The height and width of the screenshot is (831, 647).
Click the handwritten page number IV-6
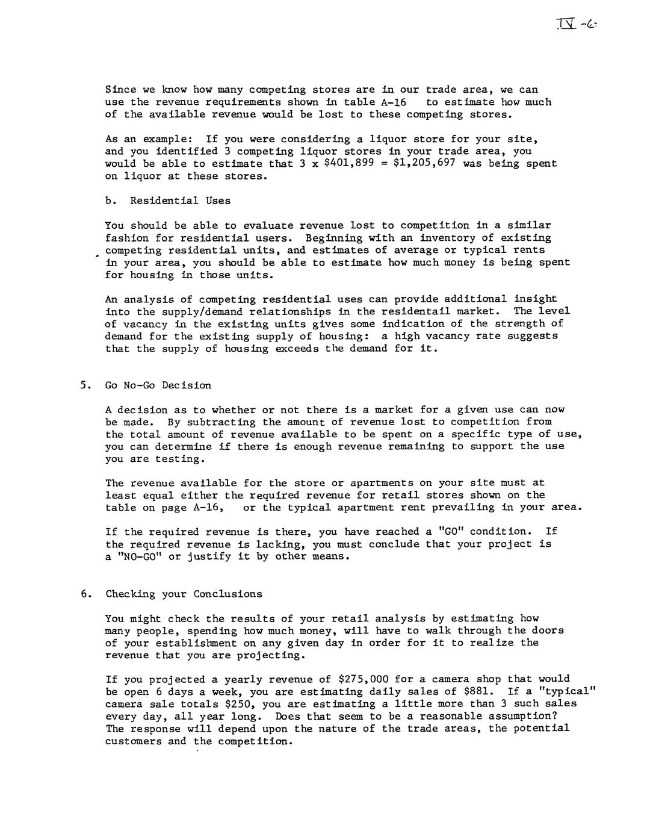(x=577, y=25)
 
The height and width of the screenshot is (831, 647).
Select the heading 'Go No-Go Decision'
(x=158, y=385)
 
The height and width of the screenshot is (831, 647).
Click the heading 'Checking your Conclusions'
(x=184, y=594)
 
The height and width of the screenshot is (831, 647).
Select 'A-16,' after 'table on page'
(x=208, y=508)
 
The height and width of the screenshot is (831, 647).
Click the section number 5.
(x=84, y=385)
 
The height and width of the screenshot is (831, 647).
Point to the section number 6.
(x=84, y=594)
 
